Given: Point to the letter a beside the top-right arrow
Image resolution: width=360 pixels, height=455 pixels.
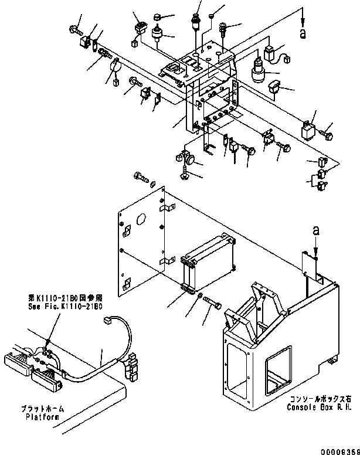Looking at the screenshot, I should click(x=303, y=34).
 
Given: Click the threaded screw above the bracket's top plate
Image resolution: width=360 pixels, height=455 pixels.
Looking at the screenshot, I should click(x=222, y=28).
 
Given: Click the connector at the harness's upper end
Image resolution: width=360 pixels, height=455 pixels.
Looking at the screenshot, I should click(x=107, y=320).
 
